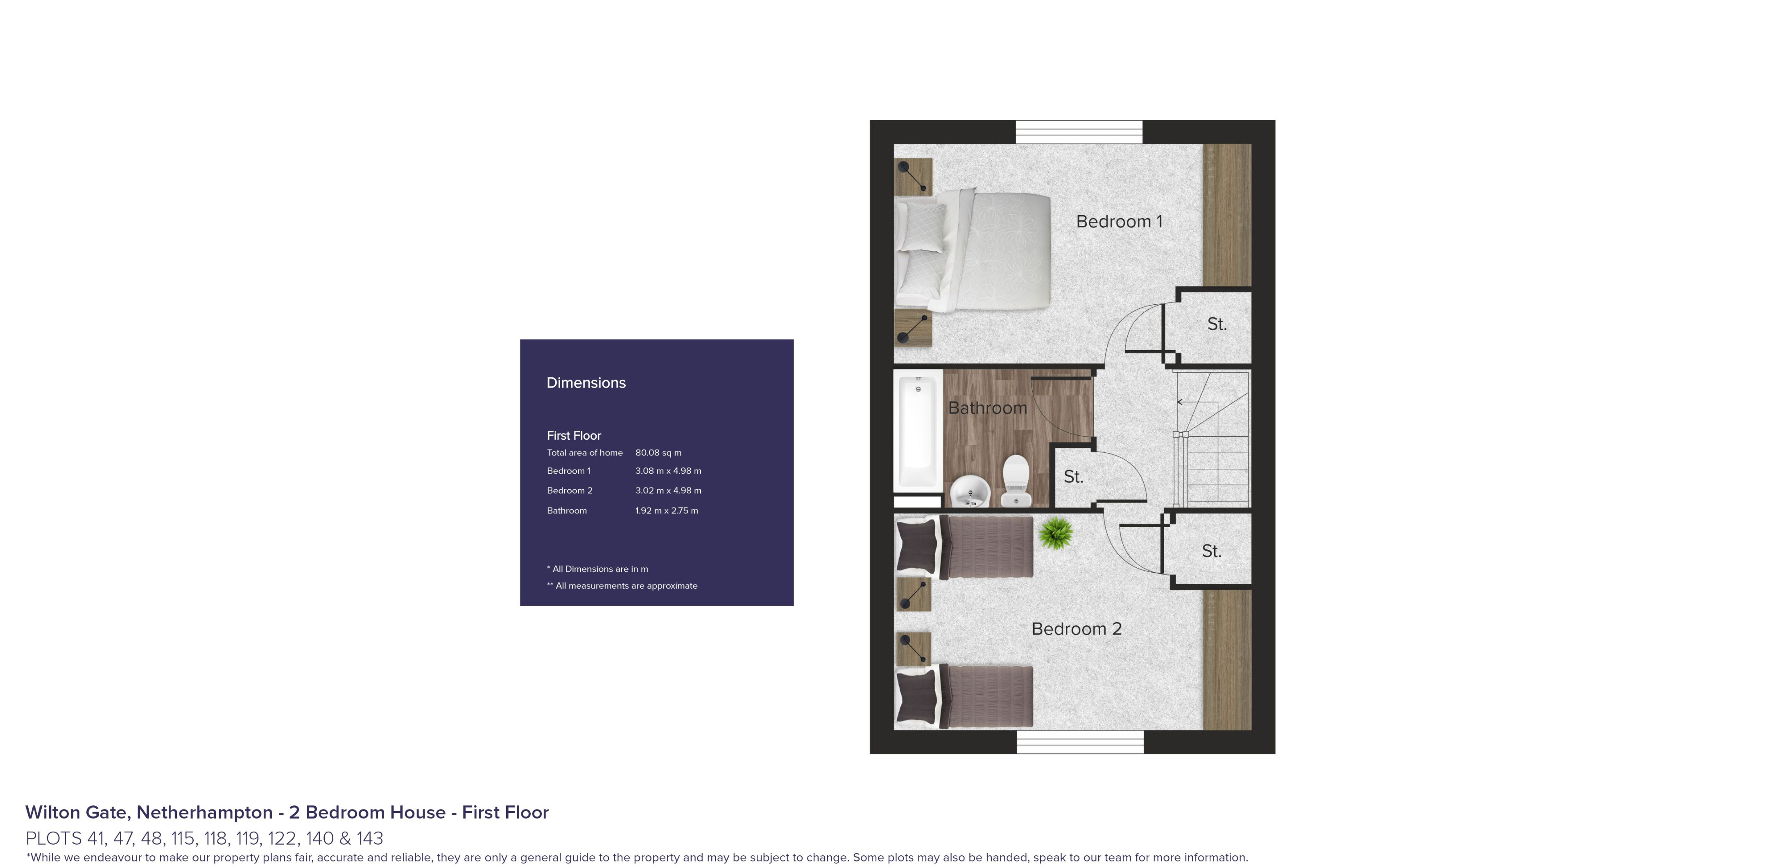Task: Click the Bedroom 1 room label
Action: pos(1119,222)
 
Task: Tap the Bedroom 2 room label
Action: pos(1076,629)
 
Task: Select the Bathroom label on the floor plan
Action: pos(987,408)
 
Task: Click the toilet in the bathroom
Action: pos(1016,480)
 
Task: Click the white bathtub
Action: pos(917,432)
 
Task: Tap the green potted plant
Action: pos(1056,533)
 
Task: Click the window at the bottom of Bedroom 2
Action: pos(1079,742)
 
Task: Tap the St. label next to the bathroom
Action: pos(1073,477)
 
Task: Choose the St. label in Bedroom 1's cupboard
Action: pos(1216,324)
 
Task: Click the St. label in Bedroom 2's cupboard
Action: pos(1211,551)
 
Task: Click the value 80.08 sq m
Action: pos(658,453)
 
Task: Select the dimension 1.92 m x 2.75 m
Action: pos(666,510)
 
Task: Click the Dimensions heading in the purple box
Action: pos(586,383)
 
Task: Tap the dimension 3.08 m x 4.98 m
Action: pos(667,471)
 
